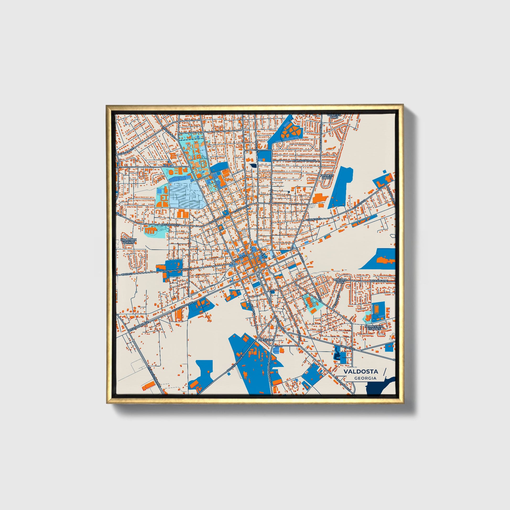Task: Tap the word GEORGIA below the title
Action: (365, 378)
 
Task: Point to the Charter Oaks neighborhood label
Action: (334, 116)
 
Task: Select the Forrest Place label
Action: (327, 177)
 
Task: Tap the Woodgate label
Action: (379, 281)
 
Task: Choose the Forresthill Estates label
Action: (373, 328)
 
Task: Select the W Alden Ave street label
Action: (127, 151)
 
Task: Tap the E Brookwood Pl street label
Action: (305, 160)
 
